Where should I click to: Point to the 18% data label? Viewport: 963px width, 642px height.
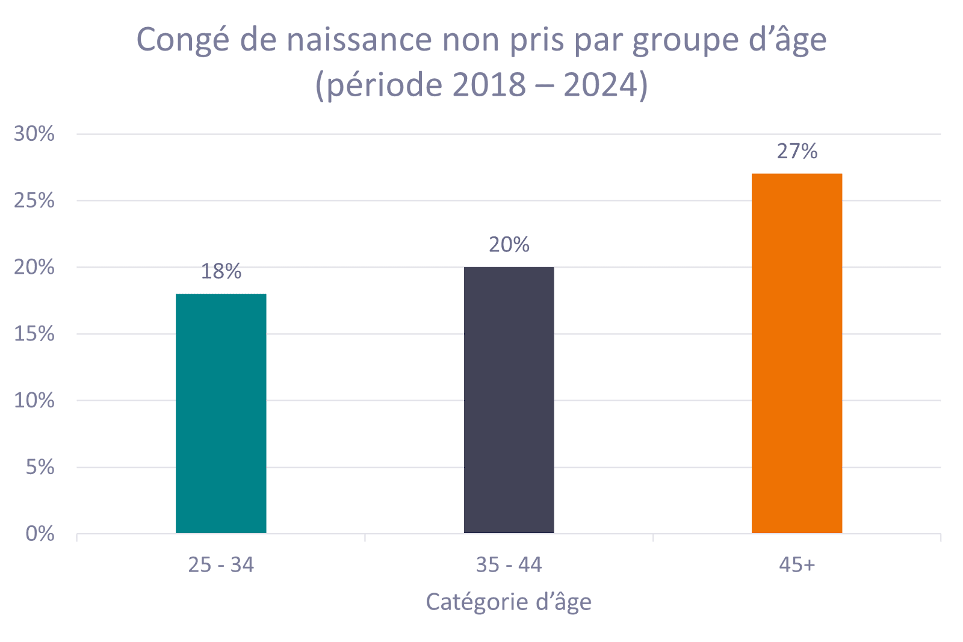click(x=221, y=272)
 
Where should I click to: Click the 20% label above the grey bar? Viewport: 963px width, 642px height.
click(x=509, y=245)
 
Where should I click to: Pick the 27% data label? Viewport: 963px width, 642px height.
click(x=797, y=152)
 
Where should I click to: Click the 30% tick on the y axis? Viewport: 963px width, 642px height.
click(x=34, y=134)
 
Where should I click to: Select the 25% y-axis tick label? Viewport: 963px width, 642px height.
click(x=34, y=200)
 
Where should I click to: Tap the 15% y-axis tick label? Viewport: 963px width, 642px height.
click(x=34, y=334)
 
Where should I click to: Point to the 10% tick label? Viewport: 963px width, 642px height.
click(x=34, y=401)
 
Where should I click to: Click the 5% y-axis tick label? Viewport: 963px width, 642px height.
click(x=40, y=467)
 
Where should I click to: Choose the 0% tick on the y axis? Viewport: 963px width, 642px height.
click(x=40, y=534)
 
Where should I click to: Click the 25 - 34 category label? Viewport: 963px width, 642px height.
click(x=221, y=565)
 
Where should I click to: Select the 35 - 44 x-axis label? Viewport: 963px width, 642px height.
click(x=509, y=565)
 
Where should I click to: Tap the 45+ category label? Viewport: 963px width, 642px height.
click(x=797, y=565)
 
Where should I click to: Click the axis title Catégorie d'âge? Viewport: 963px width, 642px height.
click(x=509, y=602)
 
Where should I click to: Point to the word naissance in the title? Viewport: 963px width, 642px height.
click(x=359, y=41)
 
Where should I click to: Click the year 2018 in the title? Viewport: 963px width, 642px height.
click(x=489, y=85)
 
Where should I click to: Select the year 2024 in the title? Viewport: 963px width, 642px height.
click(x=600, y=85)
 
